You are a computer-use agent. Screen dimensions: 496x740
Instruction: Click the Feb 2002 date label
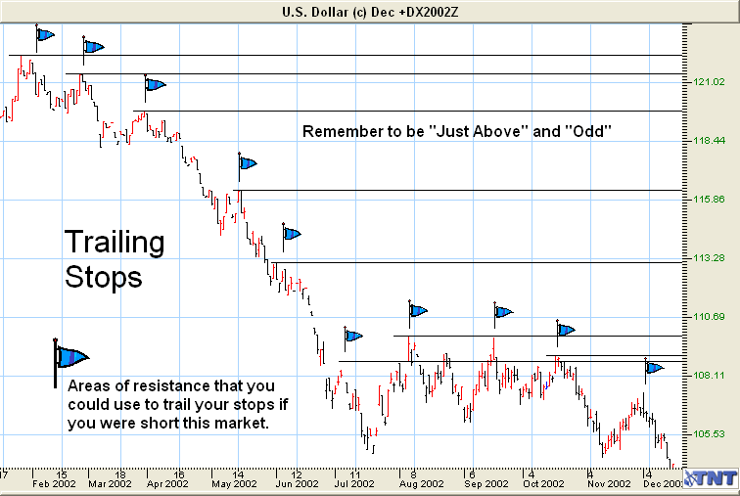click(x=54, y=483)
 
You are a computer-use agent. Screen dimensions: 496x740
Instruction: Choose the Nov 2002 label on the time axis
click(x=604, y=483)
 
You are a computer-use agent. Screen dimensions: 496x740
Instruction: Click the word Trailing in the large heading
click(x=115, y=243)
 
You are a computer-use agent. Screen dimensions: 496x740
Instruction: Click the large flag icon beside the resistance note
click(x=69, y=359)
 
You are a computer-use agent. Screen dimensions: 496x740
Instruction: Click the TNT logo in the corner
click(x=710, y=477)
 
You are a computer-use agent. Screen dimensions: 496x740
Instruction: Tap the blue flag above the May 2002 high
click(x=248, y=163)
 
